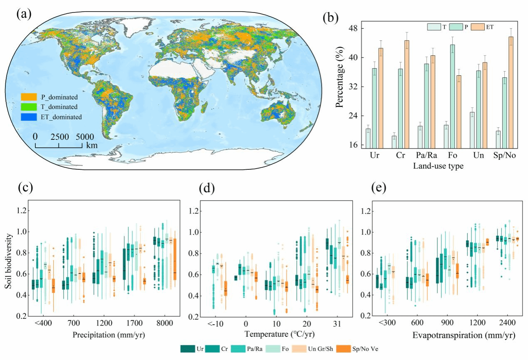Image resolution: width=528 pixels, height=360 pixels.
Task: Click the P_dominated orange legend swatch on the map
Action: click(28, 97)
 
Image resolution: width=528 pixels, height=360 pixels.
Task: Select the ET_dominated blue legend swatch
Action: click(28, 117)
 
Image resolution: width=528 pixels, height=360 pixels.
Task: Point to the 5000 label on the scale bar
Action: click(85, 137)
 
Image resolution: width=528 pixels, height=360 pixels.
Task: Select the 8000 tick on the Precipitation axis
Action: click(167, 323)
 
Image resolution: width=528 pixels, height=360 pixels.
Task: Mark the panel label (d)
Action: click(204, 189)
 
